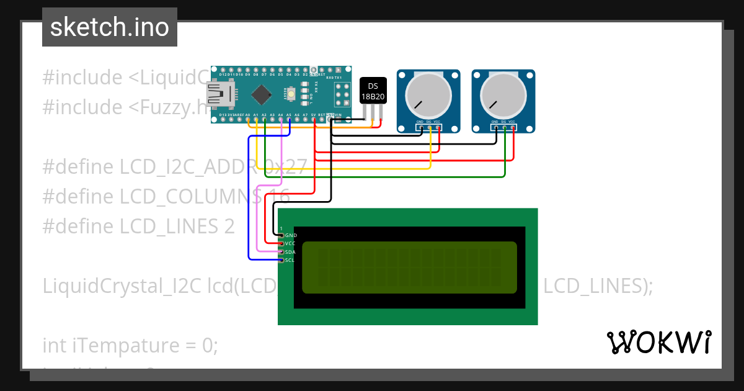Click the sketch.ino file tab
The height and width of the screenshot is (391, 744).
110,27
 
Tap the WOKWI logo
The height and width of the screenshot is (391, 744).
658,342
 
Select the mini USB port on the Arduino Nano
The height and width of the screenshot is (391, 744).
221,94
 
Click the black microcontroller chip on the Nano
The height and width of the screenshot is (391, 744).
262,94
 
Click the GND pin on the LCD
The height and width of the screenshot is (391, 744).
281,236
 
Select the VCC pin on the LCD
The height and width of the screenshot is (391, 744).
281,244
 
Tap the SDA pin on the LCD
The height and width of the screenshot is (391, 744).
281,252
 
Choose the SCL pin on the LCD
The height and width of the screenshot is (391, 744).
281,260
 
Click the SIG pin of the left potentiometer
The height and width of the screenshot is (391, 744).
429,128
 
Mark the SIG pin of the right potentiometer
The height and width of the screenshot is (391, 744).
504,128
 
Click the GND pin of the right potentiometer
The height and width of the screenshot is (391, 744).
495,128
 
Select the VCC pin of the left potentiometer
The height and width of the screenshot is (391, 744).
438,128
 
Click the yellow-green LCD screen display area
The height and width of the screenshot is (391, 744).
409,267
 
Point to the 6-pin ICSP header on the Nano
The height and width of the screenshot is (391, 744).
343,94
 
